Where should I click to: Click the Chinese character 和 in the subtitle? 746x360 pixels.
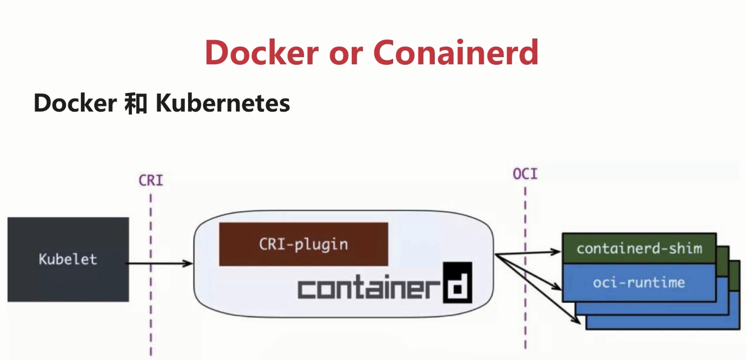pos(135,103)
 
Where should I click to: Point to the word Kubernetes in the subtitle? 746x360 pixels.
pos(223,103)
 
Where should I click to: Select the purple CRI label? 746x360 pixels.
pos(151,180)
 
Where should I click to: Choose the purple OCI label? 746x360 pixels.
pos(525,174)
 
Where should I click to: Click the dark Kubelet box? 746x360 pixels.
pos(68,259)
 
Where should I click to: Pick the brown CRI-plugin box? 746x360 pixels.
pos(303,244)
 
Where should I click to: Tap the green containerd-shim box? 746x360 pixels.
pos(639,248)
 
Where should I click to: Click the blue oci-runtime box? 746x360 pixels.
pos(639,283)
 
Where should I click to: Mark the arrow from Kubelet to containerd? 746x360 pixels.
pos(159,264)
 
